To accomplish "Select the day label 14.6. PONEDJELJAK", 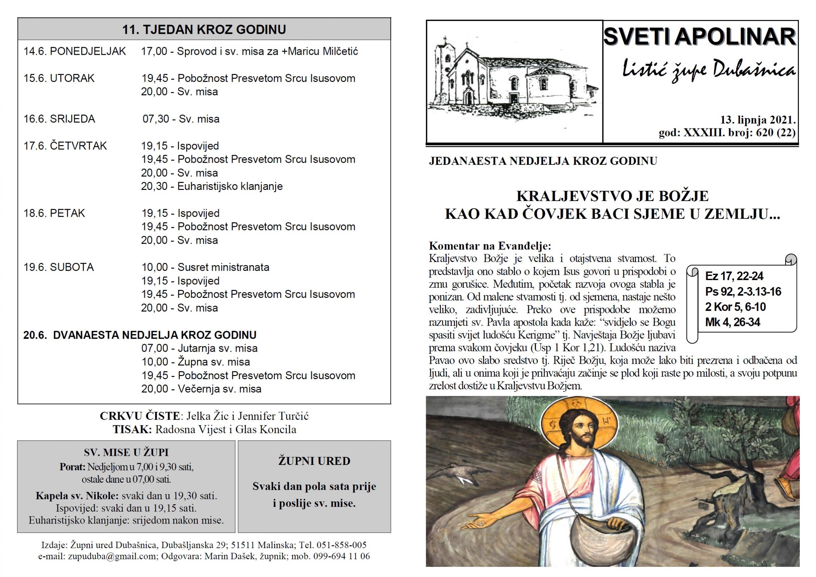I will click(75, 52).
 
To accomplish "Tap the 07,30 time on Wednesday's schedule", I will click(155, 119).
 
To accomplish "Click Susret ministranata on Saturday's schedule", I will click(223, 267).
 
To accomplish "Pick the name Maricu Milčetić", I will click(323, 52).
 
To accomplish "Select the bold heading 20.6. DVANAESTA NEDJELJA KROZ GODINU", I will click(140, 335).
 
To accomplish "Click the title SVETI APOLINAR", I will click(699, 37).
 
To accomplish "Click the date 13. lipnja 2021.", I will click(758, 120).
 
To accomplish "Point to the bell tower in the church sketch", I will click(443, 71).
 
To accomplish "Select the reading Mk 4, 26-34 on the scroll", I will click(732, 322).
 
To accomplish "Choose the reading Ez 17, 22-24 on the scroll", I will click(734, 276).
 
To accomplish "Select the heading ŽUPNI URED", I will click(314, 461).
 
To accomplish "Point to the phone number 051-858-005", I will click(341, 545).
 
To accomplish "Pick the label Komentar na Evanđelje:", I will click(490, 246).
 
